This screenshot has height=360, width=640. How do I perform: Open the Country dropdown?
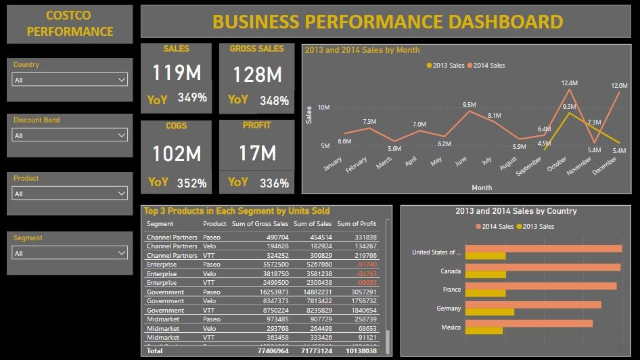coord(70,80)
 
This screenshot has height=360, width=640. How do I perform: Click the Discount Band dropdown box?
coord(70,135)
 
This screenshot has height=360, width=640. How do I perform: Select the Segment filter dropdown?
coord(70,253)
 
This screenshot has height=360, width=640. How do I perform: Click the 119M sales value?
coord(176,72)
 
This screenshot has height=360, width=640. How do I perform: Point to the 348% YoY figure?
coord(275,100)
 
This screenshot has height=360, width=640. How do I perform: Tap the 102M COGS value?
coord(176,154)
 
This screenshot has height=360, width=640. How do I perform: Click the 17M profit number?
coord(257,154)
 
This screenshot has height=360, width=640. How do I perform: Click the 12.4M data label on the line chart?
coord(569,83)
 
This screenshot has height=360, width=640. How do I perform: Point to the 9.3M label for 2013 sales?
coord(570,106)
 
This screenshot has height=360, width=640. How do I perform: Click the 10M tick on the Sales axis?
coord(323,108)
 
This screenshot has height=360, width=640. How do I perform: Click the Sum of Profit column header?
coord(357,223)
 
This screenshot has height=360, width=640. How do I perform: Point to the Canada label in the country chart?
coord(451,271)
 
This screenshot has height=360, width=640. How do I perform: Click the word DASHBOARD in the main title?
coord(505,22)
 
